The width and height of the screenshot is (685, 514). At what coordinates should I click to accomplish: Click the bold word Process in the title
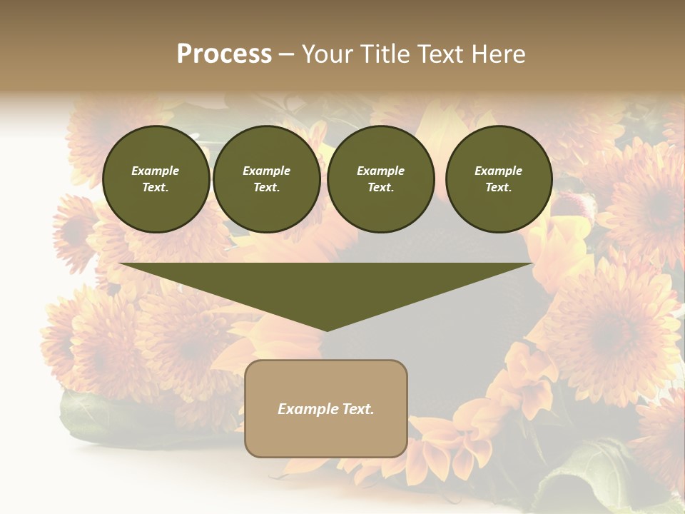pos(224,54)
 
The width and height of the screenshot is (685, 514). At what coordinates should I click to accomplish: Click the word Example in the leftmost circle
pos(156,171)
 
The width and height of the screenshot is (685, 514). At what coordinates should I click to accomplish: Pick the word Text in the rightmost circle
pos(498,187)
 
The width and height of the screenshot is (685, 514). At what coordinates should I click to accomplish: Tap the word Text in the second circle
pos(266,187)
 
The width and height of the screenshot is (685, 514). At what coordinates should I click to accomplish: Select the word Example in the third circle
pos(380,171)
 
